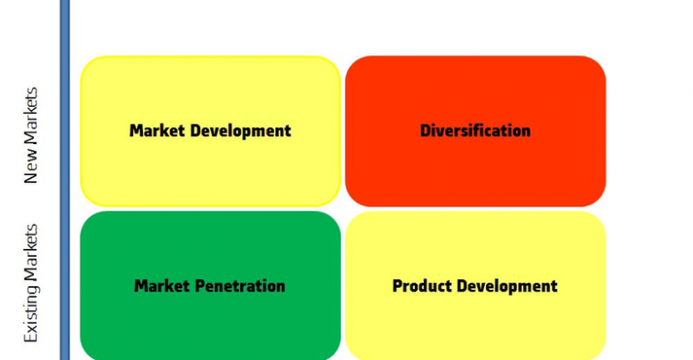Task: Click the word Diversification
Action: (x=475, y=131)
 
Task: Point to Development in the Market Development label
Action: (x=241, y=132)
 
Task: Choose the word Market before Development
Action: (x=157, y=131)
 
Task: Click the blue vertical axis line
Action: (x=65, y=180)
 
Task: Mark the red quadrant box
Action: (x=475, y=131)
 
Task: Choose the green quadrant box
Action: (x=211, y=285)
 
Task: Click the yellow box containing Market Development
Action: (x=211, y=131)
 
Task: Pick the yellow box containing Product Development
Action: (x=475, y=285)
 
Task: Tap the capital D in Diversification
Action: (x=426, y=131)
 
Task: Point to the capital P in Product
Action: (x=398, y=285)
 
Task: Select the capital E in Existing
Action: (x=30, y=337)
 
